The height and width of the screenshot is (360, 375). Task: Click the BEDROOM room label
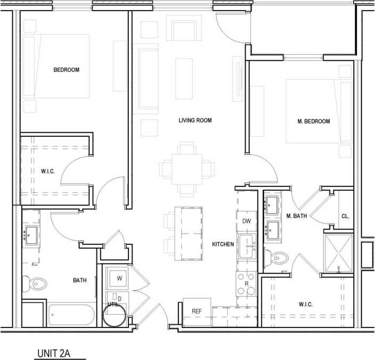point(66,70)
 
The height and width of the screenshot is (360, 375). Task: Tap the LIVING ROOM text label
point(195,120)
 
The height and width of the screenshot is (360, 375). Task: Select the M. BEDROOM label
point(313,121)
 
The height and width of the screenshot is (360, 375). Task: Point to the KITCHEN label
point(223,244)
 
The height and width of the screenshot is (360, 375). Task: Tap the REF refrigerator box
point(197,312)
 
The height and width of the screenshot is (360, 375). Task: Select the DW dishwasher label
point(246,221)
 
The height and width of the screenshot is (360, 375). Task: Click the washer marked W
point(119,278)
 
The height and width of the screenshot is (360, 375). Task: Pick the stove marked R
point(246,283)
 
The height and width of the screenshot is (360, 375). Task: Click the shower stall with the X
point(339,251)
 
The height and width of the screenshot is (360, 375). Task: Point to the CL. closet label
point(345,216)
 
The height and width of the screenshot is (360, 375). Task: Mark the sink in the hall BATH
point(30,235)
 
